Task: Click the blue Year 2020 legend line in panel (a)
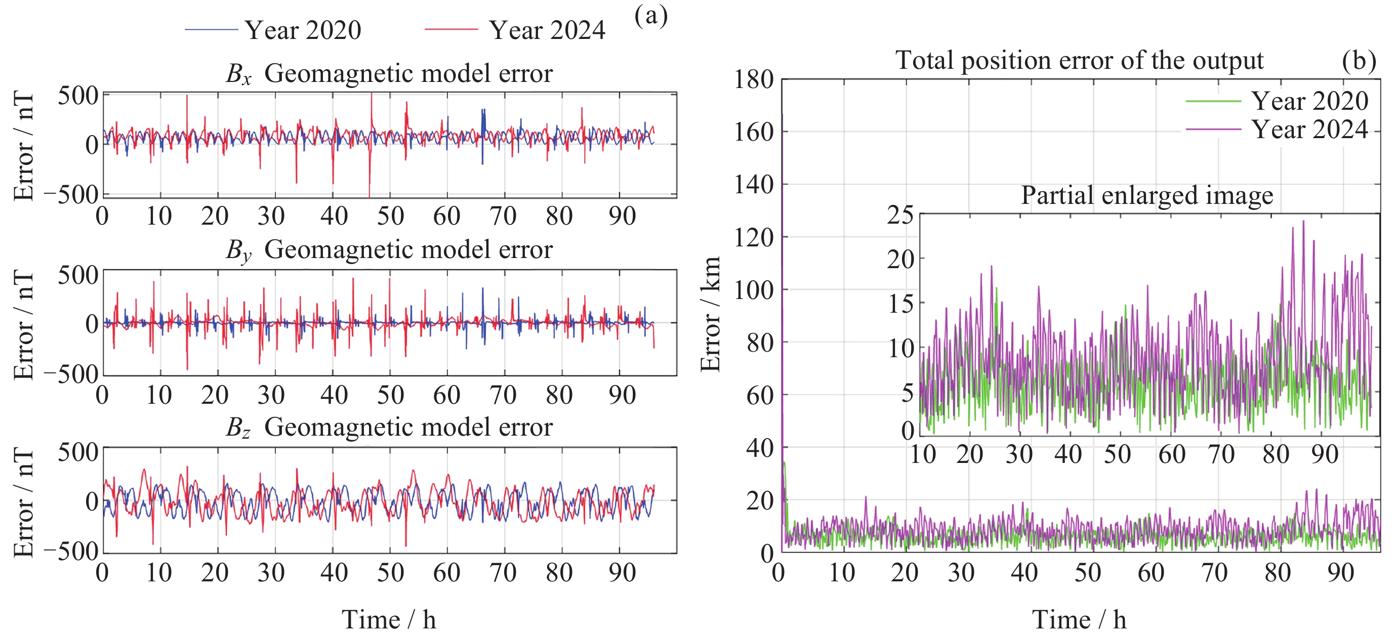(x=211, y=29)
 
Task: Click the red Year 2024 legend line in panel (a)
(x=451, y=29)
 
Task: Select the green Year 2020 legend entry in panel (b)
(x=1213, y=101)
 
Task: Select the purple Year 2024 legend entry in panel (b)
(x=1213, y=130)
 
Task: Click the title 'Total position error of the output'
(x=1079, y=60)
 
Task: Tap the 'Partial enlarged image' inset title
(x=1146, y=195)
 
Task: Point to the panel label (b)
(x=1358, y=60)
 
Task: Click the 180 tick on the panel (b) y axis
(x=753, y=79)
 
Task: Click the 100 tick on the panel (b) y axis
(x=753, y=289)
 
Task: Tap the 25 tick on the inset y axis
(x=899, y=216)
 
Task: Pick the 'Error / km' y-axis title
(x=711, y=314)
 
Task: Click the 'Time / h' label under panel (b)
(x=1079, y=619)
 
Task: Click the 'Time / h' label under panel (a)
(x=389, y=619)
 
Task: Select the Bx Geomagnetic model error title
(x=389, y=73)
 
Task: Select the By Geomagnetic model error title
(x=389, y=250)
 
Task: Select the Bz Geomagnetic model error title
(x=389, y=427)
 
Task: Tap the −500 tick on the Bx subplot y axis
(x=71, y=194)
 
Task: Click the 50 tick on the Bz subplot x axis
(x=390, y=573)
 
